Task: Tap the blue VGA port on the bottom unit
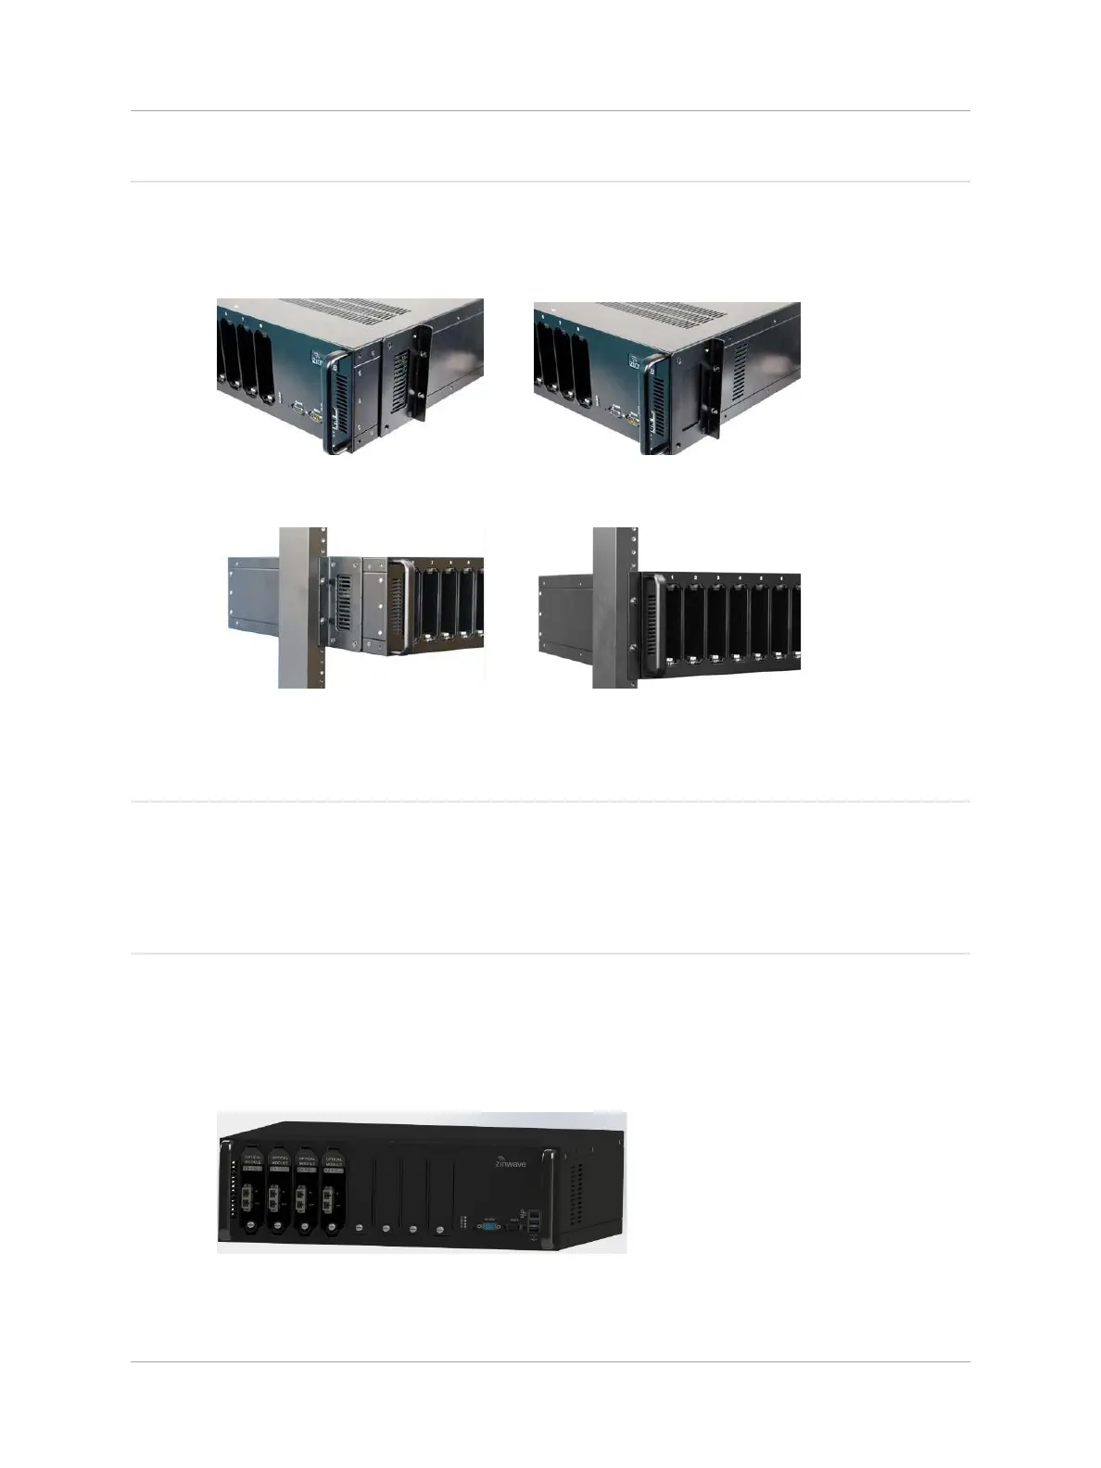pos(489,1225)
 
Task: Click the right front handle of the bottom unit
pos(550,1196)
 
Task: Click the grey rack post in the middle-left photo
pos(301,607)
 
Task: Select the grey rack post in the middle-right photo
pos(611,607)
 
